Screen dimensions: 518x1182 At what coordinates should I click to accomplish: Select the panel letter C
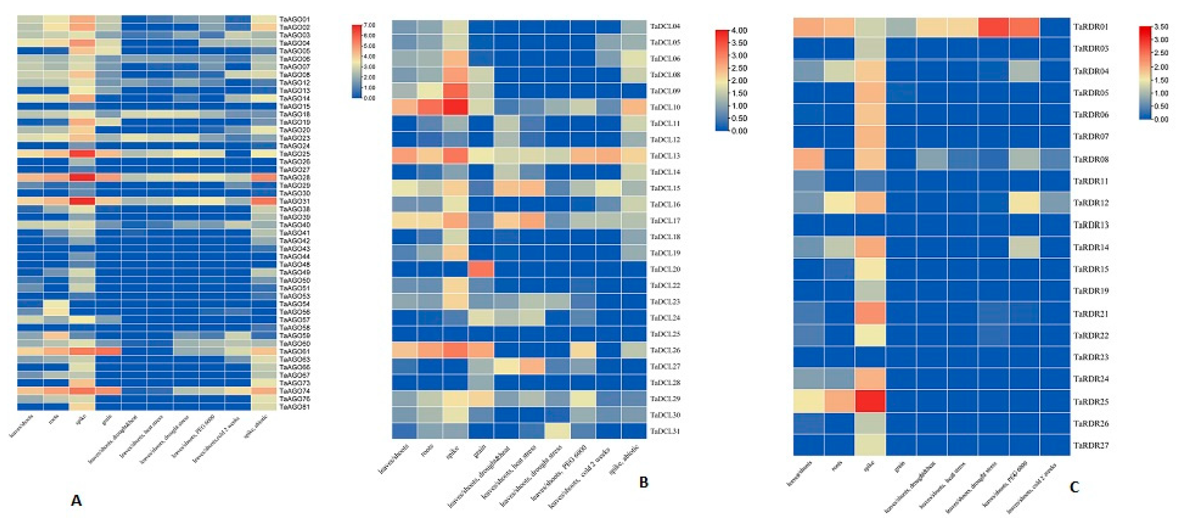point(1074,487)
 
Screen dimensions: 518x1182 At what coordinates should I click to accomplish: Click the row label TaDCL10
point(665,107)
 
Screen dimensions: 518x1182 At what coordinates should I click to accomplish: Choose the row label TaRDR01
point(1091,27)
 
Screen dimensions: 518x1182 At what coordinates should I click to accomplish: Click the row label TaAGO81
point(294,407)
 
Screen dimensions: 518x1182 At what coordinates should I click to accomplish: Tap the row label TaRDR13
point(1091,225)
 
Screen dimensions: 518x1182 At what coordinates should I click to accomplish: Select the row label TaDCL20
point(665,269)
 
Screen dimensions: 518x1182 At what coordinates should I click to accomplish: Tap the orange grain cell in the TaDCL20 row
point(481,269)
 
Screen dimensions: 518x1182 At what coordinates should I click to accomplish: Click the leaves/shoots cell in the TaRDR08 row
point(808,159)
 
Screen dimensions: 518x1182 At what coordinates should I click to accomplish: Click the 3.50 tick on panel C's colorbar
point(1161,27)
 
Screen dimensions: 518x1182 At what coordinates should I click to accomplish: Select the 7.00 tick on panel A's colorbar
point(369,25)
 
